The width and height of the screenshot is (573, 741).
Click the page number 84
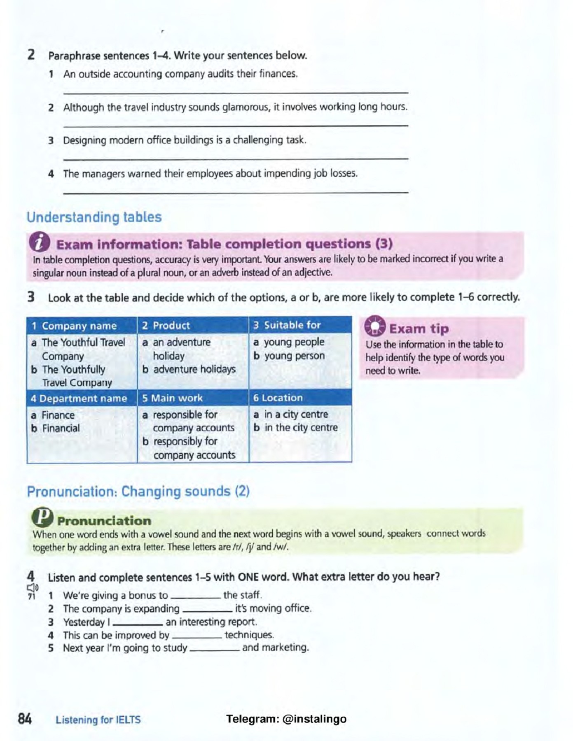(25, 719)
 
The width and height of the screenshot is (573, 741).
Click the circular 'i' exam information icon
(40, 242)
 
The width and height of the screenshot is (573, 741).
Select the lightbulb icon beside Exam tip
(374, 327)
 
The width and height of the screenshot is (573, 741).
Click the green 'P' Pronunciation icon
(42, 518)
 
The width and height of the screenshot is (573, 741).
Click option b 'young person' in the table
(294, 356)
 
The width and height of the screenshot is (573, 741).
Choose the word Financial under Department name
(61, 428)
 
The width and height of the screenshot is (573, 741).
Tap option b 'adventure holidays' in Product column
(194, 369)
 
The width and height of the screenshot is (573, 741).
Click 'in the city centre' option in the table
(301, 428)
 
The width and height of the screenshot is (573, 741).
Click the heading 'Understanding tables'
(94, 217)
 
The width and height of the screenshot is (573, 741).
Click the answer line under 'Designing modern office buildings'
(235, 158)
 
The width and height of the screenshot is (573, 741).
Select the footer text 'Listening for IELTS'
(98, 720)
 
